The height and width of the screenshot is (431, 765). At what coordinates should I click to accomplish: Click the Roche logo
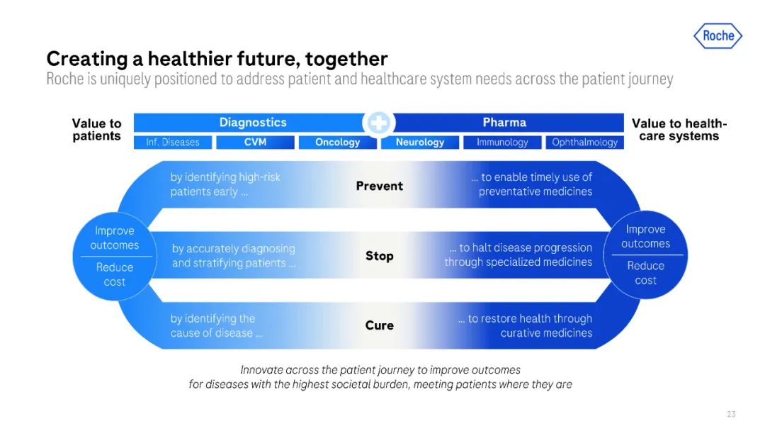(718, 35)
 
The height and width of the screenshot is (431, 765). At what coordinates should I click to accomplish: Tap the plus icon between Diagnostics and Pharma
(378, 123)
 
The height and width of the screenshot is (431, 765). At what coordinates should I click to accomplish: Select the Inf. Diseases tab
(173, 142)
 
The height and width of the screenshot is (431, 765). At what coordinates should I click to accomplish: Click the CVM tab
(255, 142)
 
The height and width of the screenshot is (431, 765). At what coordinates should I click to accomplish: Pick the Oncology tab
(338, 142)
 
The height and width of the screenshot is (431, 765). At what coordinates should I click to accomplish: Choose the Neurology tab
(420, 142)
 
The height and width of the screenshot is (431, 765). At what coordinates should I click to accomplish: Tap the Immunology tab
(502, 142)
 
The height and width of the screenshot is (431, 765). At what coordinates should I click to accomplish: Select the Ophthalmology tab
(584, 142)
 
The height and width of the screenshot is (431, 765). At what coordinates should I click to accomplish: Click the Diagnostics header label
(253, 122)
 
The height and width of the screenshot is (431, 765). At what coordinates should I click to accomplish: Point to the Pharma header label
(504, 122)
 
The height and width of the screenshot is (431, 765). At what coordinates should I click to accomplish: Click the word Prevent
(379, 186)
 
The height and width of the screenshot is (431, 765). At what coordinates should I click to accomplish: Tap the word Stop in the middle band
(379, 256)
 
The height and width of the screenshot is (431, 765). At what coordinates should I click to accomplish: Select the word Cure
(379, 325)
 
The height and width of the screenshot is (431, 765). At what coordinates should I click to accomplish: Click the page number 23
(731, 414)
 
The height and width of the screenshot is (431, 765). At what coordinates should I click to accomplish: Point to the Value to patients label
(96, 129)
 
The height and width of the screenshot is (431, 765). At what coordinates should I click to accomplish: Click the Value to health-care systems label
(679, 129)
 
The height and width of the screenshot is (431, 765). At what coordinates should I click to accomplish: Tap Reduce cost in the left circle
(114, 274)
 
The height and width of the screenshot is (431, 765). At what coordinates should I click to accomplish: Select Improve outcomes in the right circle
(645, 236)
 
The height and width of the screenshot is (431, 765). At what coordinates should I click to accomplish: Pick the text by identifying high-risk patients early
(225, 184)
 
